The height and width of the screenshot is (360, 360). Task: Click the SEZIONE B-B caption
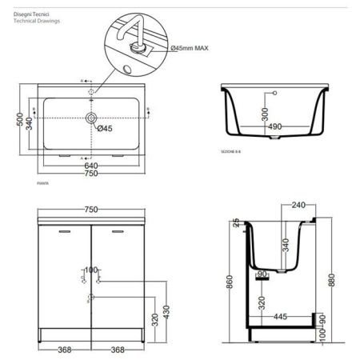tap(232, 150)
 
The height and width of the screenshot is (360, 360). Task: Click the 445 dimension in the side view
tap(278, 317)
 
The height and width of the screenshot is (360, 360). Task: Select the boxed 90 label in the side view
tap(261, 274)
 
